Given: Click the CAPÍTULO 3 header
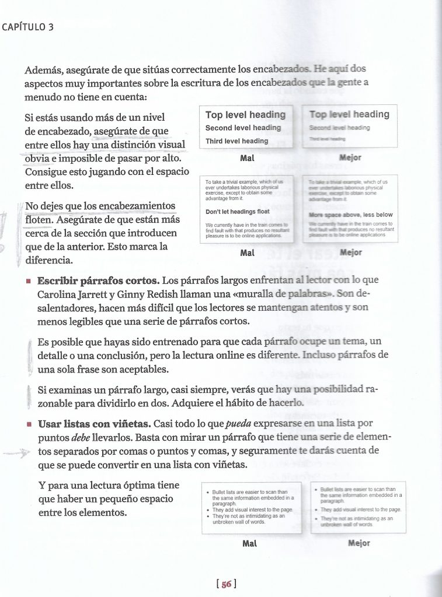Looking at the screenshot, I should point(28,26).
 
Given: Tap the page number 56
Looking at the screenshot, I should point(225,582).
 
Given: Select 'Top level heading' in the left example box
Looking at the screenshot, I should point(245,115).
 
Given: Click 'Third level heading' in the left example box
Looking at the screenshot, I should point(236,141).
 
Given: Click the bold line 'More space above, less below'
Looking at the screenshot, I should point(350,215).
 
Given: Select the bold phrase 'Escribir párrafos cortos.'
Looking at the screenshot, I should point(99,280).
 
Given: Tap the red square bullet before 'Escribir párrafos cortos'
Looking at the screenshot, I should point(28,280).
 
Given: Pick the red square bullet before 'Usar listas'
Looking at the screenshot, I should point(28,424).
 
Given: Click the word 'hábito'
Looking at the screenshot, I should point(233,403).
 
